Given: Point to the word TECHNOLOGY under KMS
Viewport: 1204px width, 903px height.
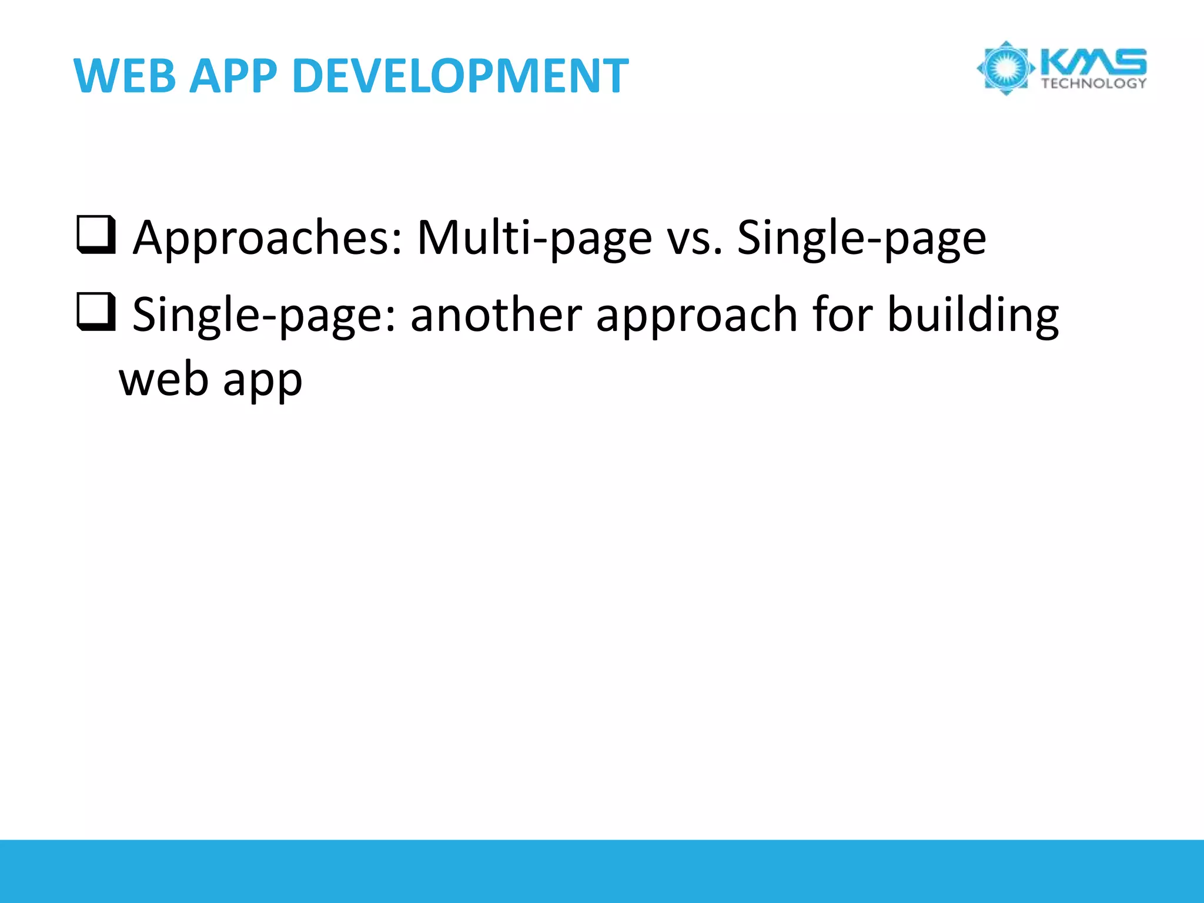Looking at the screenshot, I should coord(1093,83).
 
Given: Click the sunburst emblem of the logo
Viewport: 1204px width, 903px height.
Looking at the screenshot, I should coord(1005,68).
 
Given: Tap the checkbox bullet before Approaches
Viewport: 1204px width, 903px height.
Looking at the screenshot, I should coord(95,235).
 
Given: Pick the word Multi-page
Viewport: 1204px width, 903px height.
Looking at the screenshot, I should coord(534,238).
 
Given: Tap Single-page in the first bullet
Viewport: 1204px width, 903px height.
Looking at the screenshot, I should coord(862,238).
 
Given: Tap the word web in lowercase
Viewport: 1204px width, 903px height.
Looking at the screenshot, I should coord(164,379).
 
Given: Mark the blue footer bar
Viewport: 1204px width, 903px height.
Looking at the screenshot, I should coord(602,871).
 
